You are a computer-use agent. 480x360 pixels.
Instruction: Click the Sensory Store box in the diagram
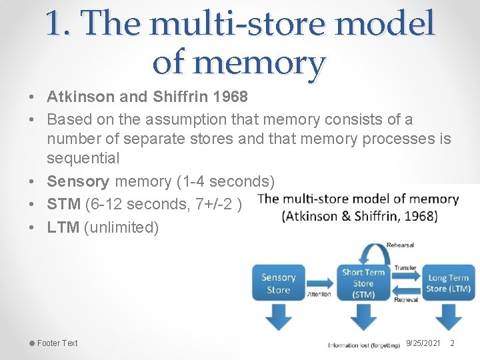[278, 283]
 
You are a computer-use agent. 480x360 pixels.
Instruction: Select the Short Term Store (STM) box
[363, 282]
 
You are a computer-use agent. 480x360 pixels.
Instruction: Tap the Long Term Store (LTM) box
[448, 283]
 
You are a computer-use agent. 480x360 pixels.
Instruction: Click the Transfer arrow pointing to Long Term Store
[406, 275]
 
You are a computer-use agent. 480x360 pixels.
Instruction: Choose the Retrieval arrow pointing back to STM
[406, 291]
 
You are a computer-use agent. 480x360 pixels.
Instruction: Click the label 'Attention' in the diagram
[319, 294]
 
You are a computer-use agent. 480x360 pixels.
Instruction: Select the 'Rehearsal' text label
[400, 245]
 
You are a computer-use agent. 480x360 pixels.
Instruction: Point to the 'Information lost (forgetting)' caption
[363, 345]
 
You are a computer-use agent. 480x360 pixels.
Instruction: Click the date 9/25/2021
[423, 343]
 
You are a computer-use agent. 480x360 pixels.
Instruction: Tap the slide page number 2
[452, 343]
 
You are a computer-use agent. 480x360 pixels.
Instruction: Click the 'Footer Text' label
[57, 343]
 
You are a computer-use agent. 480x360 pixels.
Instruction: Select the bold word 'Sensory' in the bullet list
[78, 181]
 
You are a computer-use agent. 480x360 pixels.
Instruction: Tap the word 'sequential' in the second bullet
[83, 159]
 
